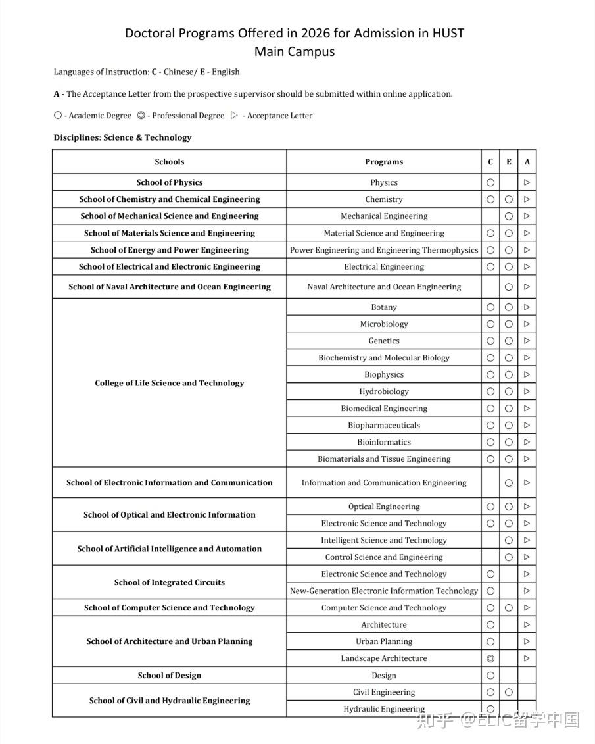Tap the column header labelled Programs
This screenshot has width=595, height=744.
(x=384, y=162)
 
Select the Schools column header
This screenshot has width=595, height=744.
(x=170, y=162)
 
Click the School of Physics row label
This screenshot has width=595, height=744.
(x=170, y=182)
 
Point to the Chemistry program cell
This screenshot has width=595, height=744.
(x=384, y=199)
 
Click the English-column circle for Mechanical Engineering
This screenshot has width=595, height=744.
(x=509, y=216)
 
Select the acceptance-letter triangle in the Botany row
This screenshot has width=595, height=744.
(x=527, y=307)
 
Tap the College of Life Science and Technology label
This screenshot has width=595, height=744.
(x=170, y=383)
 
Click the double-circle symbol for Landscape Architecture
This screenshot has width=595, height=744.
(x=490, y=658)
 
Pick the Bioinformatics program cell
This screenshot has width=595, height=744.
(x=384, y=442)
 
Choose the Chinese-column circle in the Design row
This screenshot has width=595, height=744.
(x=490, y=676)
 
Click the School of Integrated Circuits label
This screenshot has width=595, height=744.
(x=170, y=582)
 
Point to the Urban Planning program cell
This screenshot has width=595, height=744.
(x=384, y=641)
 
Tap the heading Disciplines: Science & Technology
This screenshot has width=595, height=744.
(x=123, y=137)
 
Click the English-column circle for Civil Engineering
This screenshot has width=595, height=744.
(x=509, y=692)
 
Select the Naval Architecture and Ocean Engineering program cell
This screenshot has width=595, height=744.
(x=384, y=287)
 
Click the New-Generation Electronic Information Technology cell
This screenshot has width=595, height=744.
(x=384, y=591)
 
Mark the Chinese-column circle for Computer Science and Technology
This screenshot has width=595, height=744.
(x=490, y=608)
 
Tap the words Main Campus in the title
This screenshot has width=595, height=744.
(x=295, y=52)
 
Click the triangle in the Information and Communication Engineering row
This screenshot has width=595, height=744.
(x=527, y=483)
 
